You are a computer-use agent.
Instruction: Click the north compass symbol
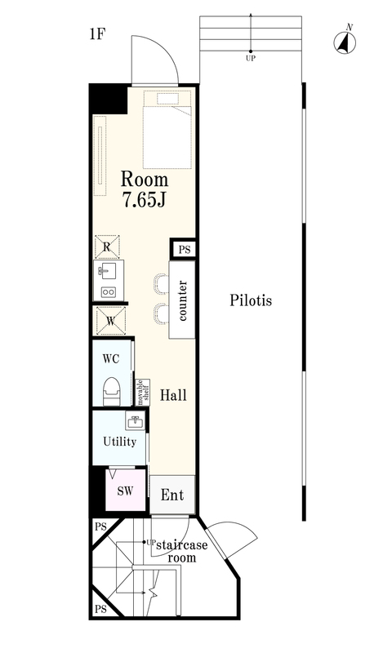[x=345, y=42]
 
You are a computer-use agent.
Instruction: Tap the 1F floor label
[x=96, y=34]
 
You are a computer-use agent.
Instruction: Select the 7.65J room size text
[x=144, y=200]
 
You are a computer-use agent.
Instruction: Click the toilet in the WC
[x=112, y=392]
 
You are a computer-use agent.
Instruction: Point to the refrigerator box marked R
[x=107, y=247]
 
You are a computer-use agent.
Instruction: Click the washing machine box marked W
[x=111, y=321]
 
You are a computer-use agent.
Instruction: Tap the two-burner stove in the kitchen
[x=109, y=292]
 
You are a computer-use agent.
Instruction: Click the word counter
[x=182, y=300]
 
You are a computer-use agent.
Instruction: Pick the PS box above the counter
[x=183, y=250]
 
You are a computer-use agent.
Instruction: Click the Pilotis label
[x=251, y=300]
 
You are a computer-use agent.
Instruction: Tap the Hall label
[x=173, y=395]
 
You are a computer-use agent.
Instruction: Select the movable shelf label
[x=142, y=393]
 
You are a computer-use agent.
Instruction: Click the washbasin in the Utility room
[x=135, y=421]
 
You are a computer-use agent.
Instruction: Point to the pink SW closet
[x=125, y=491]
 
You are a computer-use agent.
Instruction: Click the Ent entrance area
[x=172, y=495]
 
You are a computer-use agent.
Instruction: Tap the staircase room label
[x=181, y=551]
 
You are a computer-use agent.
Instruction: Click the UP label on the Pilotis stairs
[x=251, y=59]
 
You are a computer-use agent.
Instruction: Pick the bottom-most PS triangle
[x=100, y=609]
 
